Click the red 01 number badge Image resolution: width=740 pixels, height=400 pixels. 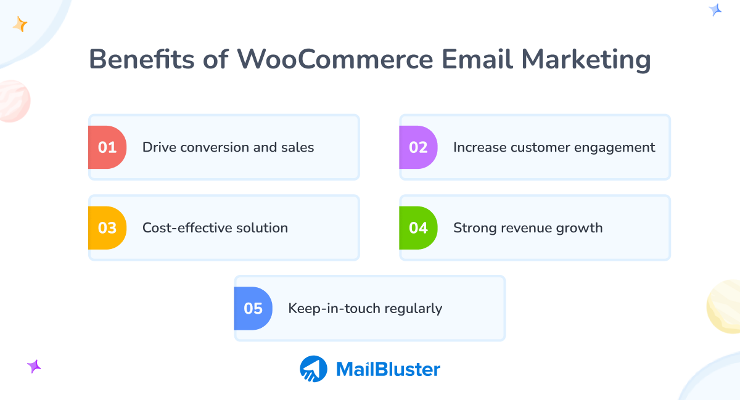[x=107, y=147]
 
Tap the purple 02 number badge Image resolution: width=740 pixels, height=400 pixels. [x=418, y=147]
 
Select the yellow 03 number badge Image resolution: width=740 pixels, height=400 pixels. [x=107, y=228]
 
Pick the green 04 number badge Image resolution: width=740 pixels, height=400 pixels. [x=418, y=228]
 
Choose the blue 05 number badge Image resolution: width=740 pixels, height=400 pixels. [x=253, y=308]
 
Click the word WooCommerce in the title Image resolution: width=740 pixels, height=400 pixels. [x=335, y=60]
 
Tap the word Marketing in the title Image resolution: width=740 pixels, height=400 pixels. [x=586, y=60]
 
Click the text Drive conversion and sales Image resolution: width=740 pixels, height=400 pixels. [x=228, y=147]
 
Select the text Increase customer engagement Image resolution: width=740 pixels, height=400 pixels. [x=554, y=147]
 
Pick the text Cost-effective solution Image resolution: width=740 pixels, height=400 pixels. [x=215, y=228]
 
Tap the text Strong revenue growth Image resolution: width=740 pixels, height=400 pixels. [x=528, y=228]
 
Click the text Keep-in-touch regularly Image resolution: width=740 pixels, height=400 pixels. [x=365, y=308]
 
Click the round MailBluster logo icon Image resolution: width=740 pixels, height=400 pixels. [x=313, y=369]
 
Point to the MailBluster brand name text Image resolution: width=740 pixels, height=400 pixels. [x=388, y=369]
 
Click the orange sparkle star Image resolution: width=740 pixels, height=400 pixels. [x=20, y=25]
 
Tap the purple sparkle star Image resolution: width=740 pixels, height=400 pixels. [x=34, y=366]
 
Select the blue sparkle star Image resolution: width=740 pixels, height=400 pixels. [x=715, y=9]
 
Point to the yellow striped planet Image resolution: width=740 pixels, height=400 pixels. [x=725, y=307]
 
